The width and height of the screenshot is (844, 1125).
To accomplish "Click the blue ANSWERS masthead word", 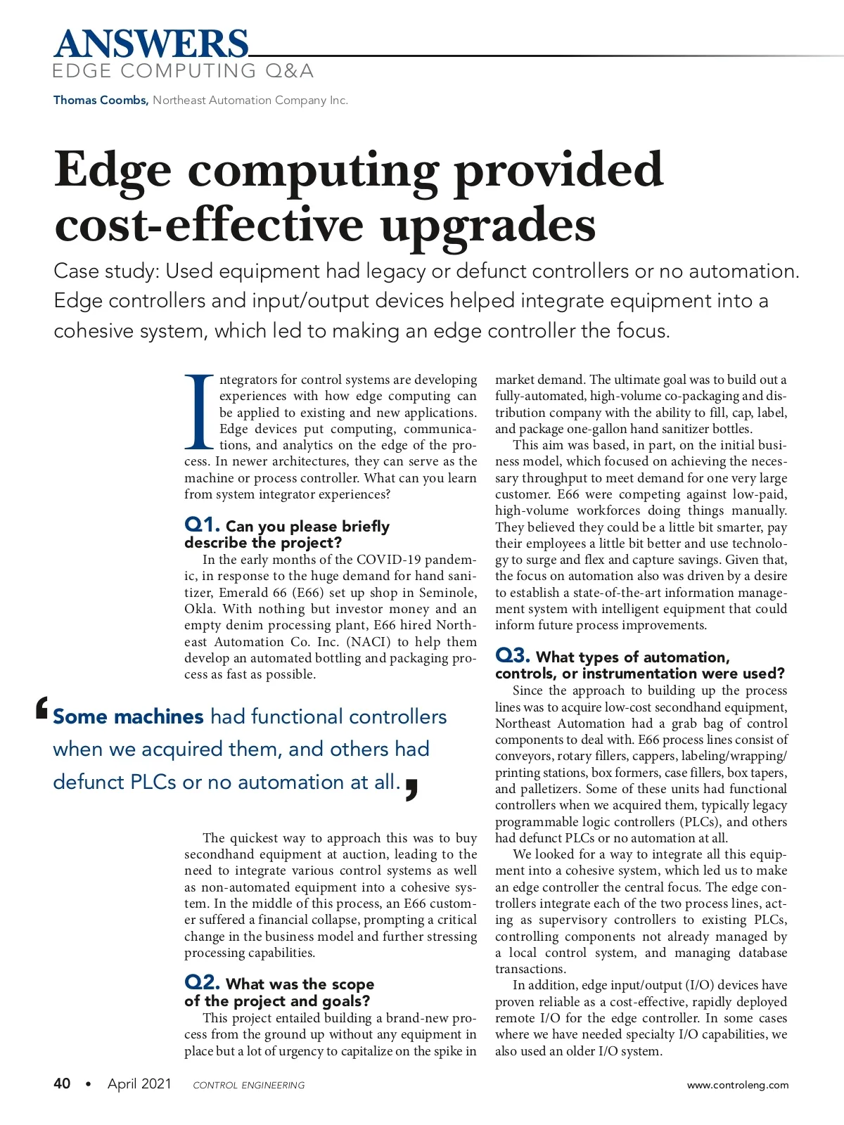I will point(151,44).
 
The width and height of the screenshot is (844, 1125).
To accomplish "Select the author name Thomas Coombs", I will point(101,100).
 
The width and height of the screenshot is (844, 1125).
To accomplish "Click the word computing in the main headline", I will point(313,171).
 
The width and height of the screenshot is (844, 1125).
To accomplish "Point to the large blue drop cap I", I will point(199,412).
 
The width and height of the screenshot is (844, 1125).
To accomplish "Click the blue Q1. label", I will point(203,525).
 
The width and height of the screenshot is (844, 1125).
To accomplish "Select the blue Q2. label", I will point(203,982).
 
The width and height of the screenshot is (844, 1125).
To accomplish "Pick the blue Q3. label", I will point(513,655).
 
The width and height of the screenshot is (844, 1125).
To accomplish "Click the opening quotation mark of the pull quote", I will point(42,709).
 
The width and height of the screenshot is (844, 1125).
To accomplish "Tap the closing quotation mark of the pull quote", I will point(412,790).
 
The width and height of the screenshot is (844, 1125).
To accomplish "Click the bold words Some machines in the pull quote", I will point(128,716).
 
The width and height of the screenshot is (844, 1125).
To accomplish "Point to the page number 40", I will point(62,1084).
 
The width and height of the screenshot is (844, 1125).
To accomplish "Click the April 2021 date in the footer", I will point(139,1084).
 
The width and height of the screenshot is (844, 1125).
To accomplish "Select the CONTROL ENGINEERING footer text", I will point(249,1085).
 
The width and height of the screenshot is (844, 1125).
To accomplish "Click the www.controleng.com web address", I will point(738,1085).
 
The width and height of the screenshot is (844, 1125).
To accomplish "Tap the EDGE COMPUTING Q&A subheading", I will point(183,71).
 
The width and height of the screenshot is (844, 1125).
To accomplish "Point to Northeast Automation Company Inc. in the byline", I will point(250,100).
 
